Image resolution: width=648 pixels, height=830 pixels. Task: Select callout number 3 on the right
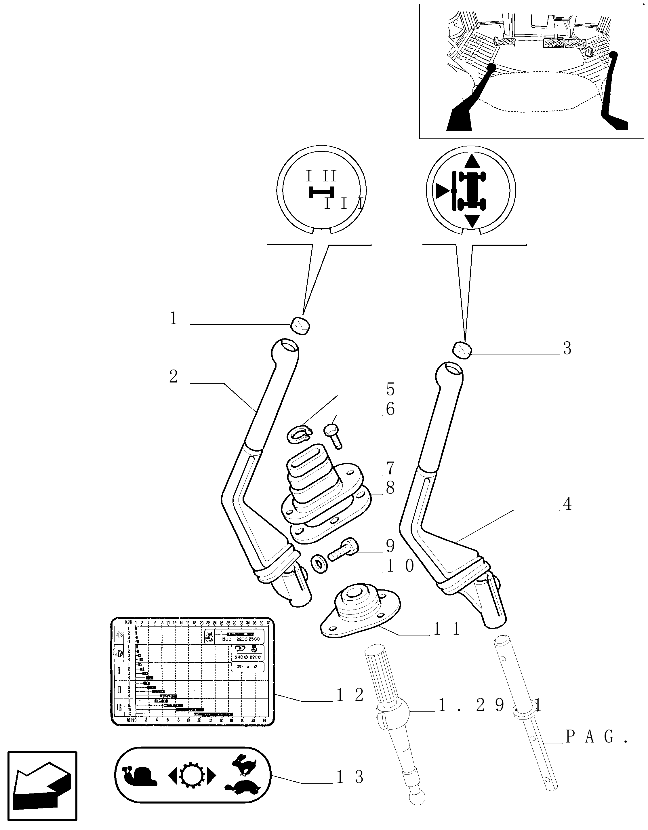[x=567, y=349]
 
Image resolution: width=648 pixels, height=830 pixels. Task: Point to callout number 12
[x=350, y=695]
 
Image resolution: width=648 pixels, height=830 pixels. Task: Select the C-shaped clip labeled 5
[x=299, y=434]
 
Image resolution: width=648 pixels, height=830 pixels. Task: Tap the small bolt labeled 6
[x=333, y=437]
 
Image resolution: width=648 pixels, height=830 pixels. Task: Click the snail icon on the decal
[x=140, y=776]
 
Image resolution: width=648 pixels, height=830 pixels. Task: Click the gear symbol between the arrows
[x=192, y=776]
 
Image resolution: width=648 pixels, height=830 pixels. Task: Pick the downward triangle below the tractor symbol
[x=472, y=220]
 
